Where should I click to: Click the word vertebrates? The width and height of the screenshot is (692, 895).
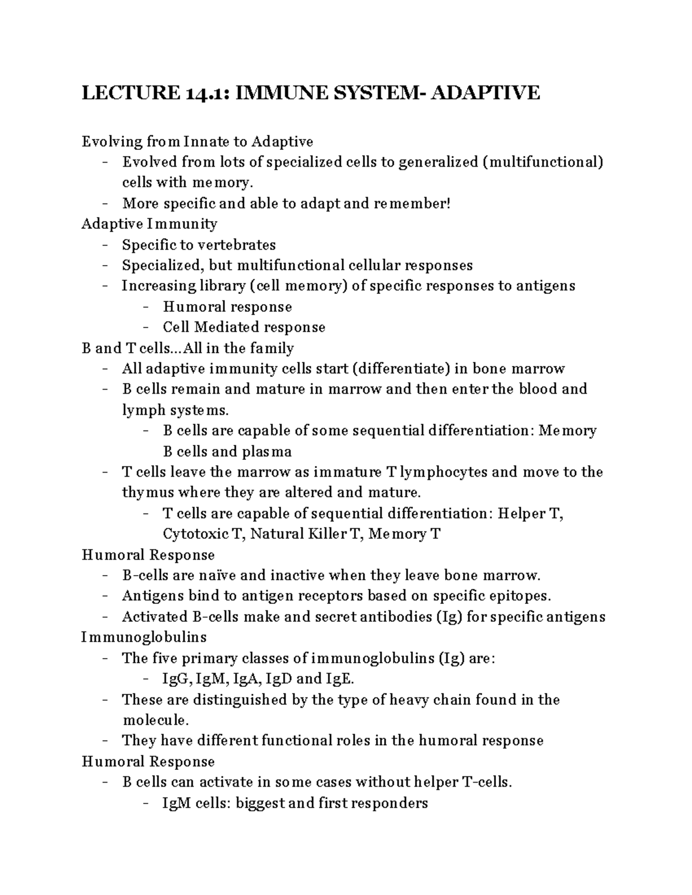click(237, 245)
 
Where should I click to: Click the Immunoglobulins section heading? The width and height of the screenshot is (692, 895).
click(144, 637)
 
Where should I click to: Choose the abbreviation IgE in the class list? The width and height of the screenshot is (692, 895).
click(339, 679)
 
